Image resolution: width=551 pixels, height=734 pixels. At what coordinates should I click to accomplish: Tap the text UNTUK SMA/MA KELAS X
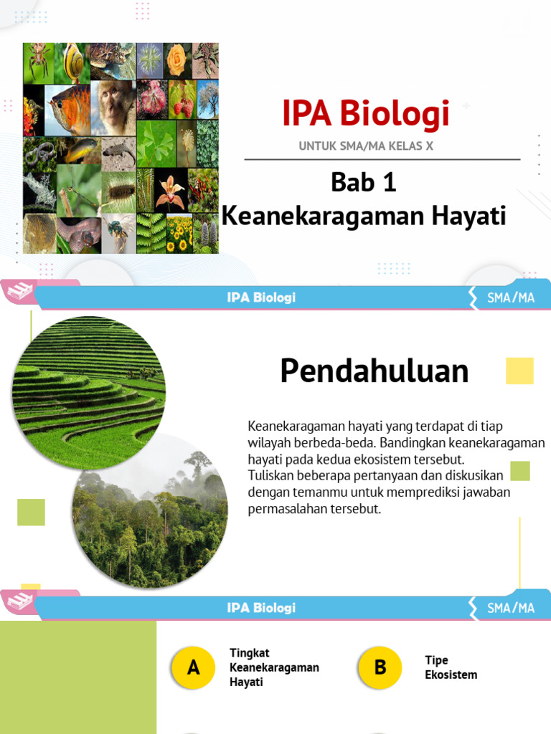pos(366,147)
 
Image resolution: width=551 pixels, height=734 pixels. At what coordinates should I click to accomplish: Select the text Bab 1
pos(364,183)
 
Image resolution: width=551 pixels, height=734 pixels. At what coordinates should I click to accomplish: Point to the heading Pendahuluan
pos(374,371)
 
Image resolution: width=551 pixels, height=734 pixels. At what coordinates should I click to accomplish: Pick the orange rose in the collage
pos(176,60)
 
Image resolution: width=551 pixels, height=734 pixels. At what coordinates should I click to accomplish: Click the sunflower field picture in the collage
pos(179,234)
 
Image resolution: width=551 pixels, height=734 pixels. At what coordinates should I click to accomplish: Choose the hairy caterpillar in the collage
pos(120,191)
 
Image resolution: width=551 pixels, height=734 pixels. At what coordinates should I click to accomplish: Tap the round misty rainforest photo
pos(150,510)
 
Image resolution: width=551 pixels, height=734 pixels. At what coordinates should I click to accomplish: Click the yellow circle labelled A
pos(193,668)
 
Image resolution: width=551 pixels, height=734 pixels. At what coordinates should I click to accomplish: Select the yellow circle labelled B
pos(380,668)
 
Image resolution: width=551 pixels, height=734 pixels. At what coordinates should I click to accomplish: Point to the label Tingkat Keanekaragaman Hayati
pos(273,667)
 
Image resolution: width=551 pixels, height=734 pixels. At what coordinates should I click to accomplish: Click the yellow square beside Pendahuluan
pos(519,371)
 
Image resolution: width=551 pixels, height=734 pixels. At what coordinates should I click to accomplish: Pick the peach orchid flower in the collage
pos(170,189)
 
